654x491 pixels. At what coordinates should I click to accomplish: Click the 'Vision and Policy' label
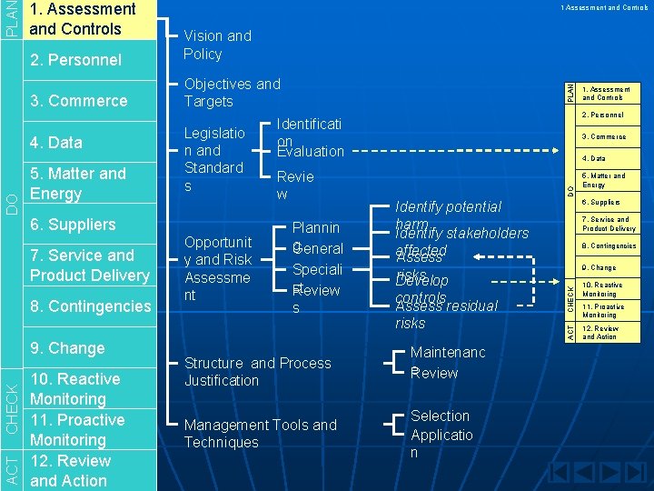pos(217,45)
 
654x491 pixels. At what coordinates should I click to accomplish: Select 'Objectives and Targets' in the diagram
pos(232,92)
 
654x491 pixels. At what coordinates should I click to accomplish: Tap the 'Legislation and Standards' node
pos(214,159)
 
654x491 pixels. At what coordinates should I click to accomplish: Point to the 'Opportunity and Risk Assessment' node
pos(217,269)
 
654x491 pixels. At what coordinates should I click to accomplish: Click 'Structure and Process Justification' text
pos(257,372)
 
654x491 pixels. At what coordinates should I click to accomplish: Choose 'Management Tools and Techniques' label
pos(260,434)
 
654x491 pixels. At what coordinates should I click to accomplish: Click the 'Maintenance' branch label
pos(448,352)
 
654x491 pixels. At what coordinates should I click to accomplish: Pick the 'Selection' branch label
pos(441,416)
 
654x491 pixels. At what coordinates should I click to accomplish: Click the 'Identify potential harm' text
pos(448,207)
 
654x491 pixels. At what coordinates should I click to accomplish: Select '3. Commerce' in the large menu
pos(78,101)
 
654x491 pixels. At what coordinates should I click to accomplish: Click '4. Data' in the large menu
pos(55,143)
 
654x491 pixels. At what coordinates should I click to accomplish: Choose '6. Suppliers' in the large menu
pos(73,225)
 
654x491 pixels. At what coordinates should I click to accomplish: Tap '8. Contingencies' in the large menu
pos(90,306)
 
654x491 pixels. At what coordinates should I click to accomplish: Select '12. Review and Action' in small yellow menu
pos(600,333)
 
